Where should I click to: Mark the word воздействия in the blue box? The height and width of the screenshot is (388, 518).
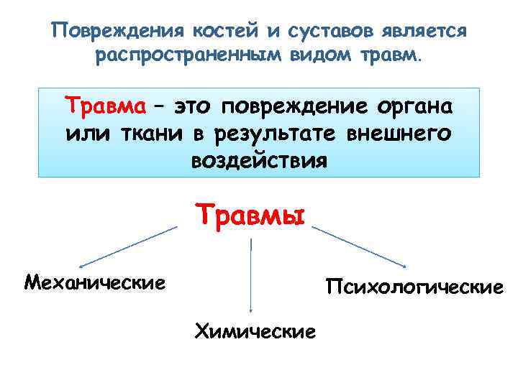tap(259, 160)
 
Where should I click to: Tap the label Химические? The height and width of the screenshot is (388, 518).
tap(255, 331)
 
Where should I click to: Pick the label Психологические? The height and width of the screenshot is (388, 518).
tap(414, 287)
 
